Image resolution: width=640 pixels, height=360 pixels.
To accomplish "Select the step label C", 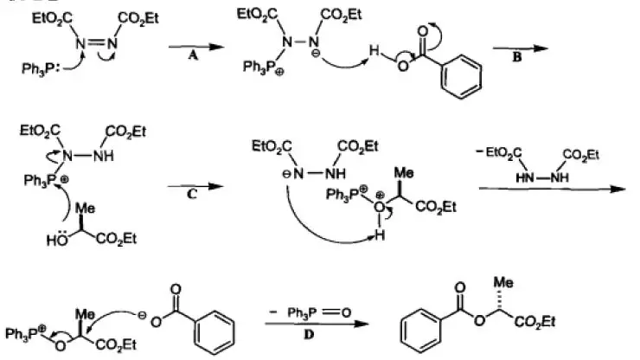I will (192, 196).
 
